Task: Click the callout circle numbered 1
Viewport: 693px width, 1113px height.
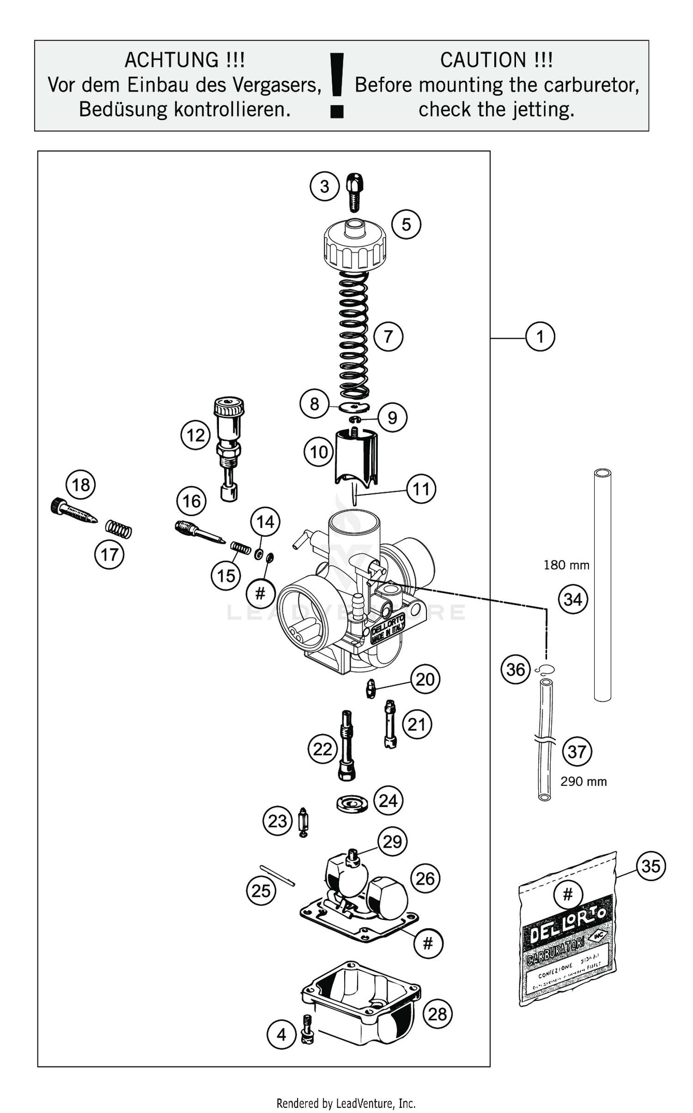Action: (540, 336)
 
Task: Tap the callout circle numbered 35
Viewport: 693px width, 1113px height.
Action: (650, 866)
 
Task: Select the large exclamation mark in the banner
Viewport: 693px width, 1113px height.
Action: (337, 85)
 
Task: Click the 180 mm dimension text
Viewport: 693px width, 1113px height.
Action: (566, 565)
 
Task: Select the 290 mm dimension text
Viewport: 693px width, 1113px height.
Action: (584, 782)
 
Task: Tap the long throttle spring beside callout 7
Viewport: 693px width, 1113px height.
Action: (354, 335)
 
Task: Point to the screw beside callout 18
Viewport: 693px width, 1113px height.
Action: (74, 512)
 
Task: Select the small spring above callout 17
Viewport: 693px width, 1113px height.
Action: (119, 529)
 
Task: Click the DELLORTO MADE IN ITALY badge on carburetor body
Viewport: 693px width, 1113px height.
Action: (389, 629)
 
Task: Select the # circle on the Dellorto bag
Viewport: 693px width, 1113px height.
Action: (568, 895)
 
